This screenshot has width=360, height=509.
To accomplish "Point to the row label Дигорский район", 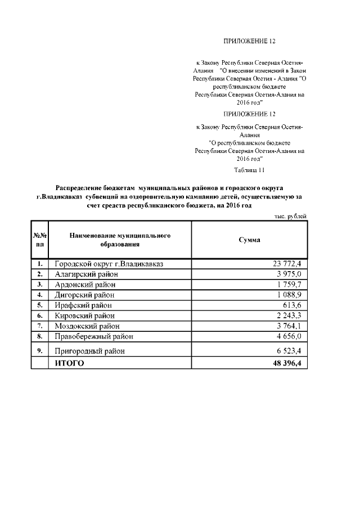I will point(84,295).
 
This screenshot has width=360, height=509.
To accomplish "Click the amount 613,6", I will point(293,305).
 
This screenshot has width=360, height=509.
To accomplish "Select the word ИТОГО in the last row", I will point(69,363).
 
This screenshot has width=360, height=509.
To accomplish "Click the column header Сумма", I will point(249,240).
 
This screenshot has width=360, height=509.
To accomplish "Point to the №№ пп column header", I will point(39,240).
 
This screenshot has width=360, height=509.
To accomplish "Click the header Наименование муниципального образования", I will point(120,240).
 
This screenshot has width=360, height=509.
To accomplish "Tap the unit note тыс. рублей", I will point(290,216).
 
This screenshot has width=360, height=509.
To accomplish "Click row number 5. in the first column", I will point(40,305).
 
